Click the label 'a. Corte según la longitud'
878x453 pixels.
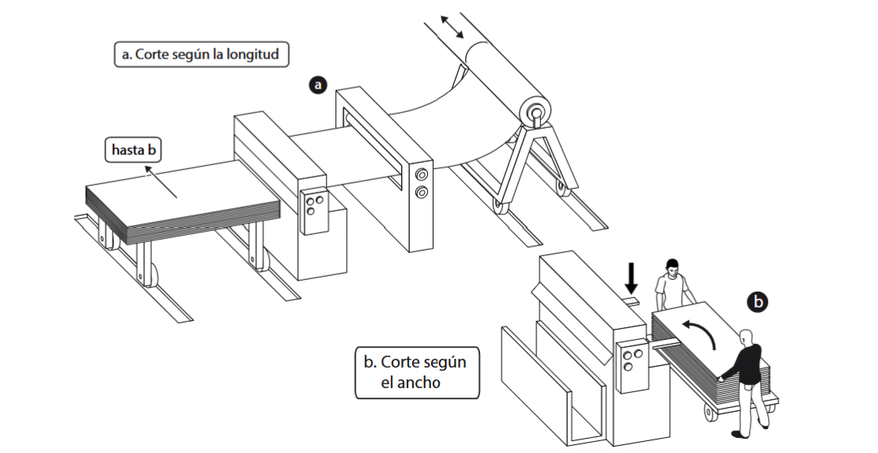point(202,55)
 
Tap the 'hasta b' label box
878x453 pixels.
point(134,150)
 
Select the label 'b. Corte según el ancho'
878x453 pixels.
point(417,372)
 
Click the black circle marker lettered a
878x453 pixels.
point(318,85)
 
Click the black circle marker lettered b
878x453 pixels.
point(758,302)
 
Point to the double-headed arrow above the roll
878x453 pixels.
point(452,27)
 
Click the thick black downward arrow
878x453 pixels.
point(631,278)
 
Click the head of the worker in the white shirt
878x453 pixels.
point(672,268)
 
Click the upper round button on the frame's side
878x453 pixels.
point(421,174)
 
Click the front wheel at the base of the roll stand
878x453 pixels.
point(498,206)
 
